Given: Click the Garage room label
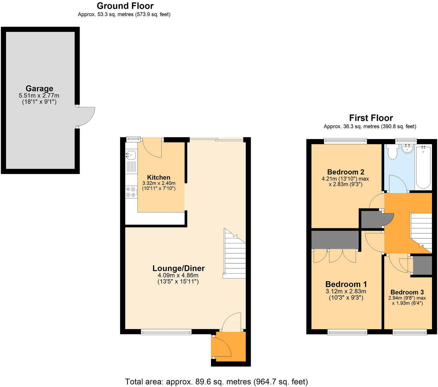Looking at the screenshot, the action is [39, 88].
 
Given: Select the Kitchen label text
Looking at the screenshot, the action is [159, 177].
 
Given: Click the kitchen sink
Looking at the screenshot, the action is [131, 155].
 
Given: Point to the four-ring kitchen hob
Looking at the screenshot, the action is [131, 193].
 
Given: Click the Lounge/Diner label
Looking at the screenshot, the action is [179, 268].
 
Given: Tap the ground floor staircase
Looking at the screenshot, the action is [234, 253].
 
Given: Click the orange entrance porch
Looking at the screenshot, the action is [229, 347].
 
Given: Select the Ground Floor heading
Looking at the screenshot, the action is [125, 6].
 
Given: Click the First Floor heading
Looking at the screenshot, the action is [371, 118].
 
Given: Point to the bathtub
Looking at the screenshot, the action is [423, 167].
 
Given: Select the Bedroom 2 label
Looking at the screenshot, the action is [345, 172].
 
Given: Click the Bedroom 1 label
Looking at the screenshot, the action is [346, 284].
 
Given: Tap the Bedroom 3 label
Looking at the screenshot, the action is [407, 292].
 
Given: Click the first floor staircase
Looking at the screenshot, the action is [421, 233].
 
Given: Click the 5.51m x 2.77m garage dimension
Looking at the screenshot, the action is [39, 95].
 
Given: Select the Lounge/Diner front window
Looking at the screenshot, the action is [166, 332].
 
